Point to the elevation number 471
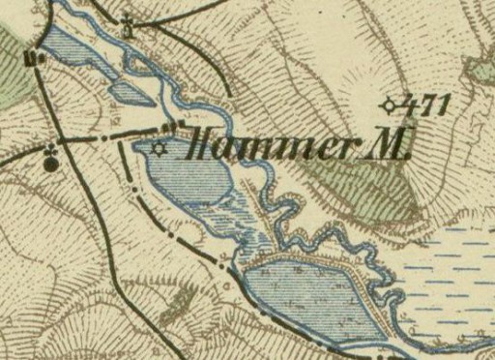tap(425, 105)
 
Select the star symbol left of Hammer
tap(159, 148)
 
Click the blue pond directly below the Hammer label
tap(189, 174)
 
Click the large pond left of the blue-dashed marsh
tap(309, 295)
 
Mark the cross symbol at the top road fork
tap(129, 21)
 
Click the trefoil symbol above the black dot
tap(49, 150)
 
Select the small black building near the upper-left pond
tap(30, 57)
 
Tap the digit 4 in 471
tap(407, 105)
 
